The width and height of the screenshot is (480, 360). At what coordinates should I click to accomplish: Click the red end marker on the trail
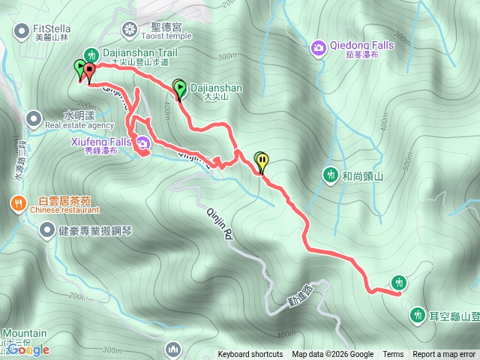point(89,72)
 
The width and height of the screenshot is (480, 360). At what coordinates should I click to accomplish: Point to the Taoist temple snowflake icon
point(130,30)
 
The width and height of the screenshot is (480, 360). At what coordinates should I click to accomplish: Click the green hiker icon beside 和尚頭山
point(330,175)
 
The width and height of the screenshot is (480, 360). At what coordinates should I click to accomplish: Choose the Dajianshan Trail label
point(139,53)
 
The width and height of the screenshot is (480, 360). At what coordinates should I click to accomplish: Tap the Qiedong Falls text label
point(361,45)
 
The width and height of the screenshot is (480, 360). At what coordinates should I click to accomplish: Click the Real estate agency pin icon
point(34,118)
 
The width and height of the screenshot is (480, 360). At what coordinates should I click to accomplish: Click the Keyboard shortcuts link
point(250,355)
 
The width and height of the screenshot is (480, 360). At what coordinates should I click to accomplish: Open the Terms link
point(393,355)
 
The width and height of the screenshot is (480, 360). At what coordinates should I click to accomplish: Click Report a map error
point(444,355)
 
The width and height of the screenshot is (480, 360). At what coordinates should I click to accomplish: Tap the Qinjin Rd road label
point(218,223)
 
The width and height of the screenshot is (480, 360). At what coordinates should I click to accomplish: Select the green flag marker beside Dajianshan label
point(180,89)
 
